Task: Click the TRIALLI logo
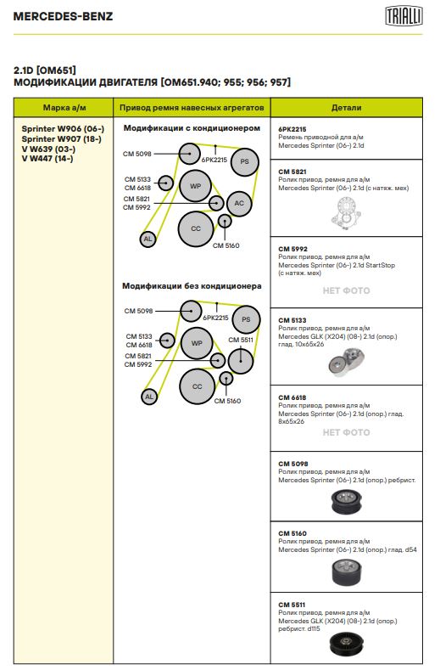(404, 16)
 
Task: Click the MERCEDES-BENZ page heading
(64, 17)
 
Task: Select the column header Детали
(346, 108)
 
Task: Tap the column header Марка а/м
(64, 108)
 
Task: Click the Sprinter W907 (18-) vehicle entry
(61, 139)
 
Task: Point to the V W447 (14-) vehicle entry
(47, 159)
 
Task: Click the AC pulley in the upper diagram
(239, 204)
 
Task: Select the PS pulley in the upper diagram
(244, 162)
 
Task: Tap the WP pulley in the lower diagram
(197, 343)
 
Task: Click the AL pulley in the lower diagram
(149, 397)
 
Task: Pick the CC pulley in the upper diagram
(196, 229)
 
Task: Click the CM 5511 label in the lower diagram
(241, 341)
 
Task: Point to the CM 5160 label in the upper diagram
(226, 245)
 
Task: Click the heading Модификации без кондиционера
(192, 286)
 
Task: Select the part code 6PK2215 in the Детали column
(292, 129)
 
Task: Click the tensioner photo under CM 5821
(346, 213)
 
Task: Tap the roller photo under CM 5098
(346, 502)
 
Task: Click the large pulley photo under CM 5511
(346, 644)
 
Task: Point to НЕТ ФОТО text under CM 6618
(346, 432)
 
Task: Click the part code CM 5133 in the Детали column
(292, 320)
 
